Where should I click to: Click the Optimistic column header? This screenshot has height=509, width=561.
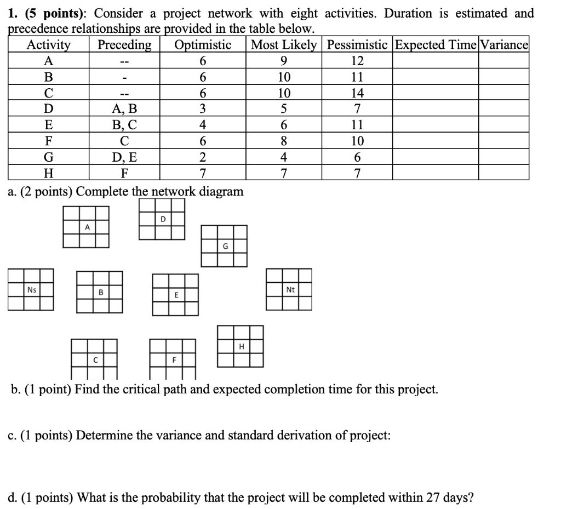[203, 45]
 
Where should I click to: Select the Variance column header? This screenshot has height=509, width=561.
[503, 45]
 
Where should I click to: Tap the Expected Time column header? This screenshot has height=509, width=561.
[436, 45]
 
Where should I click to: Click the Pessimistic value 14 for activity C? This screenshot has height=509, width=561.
[357, 92]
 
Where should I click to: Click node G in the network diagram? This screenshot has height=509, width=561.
[224, 245]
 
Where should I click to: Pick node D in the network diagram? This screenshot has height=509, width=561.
[162, 219]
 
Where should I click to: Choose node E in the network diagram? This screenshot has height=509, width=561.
[175, 295]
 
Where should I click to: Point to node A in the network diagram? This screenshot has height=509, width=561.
[86, 227]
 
